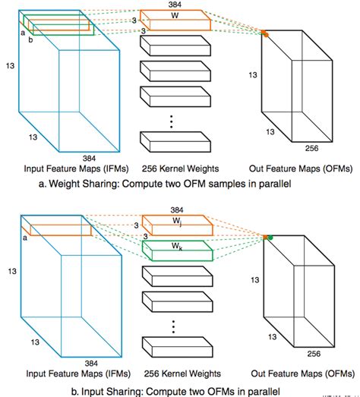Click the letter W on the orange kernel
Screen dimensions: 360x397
(x=175, y=15)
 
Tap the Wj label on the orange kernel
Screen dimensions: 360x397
(x=177, y=222)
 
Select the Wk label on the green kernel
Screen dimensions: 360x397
(x=177, y=246)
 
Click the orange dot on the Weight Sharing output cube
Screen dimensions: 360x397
(x=266, y=35)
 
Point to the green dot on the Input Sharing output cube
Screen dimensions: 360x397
(x=270, y=238)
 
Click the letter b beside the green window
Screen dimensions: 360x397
(x=30, y=39)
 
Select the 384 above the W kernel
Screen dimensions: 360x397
(x=175, y=5)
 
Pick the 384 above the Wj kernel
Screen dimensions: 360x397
(x=176, y=210)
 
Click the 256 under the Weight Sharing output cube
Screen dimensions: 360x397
(x=311, y=148)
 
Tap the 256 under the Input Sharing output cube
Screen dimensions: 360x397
(x=314, y=354)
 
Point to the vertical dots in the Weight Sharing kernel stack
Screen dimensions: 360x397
(x=172, y=121)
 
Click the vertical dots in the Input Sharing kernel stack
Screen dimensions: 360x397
(x=173, y=326)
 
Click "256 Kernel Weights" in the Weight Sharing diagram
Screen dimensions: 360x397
(x=180, y=169)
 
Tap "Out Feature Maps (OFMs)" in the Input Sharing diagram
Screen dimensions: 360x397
(x=303, y=373)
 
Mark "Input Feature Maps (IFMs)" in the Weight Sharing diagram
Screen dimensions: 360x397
(x=76, y=169)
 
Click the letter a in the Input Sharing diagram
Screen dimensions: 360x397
(x=25, y=238)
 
